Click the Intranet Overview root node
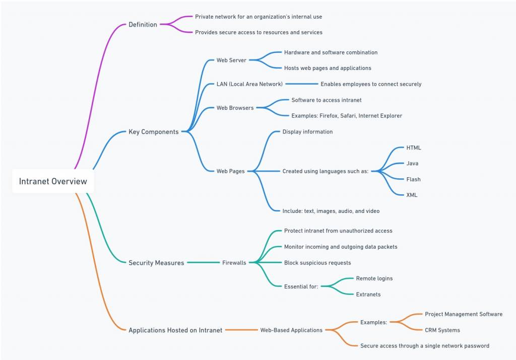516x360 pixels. pos(53,181)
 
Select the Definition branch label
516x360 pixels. pos(143,24)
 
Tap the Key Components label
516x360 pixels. pos(153,132)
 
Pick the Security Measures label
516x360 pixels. pos(156,263)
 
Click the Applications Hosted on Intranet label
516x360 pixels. pos(175,330)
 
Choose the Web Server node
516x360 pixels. pos(231,60)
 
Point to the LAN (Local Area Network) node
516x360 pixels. pos(249,84)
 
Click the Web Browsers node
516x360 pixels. pos(235,108)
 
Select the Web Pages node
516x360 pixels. pos(230,171)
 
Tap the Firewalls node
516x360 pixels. pos(234,263)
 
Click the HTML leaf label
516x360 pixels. pos(414,148)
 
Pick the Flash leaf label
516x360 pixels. pos(413,179)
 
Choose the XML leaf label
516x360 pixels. pos(412,195)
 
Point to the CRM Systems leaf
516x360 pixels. pos(442,330)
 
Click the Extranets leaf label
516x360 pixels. pos(368,294)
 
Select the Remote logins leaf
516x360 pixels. pos(374,278)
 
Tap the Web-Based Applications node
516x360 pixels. pos(291,330)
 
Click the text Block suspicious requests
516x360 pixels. pos(317,263)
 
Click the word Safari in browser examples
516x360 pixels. pos(347,116)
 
